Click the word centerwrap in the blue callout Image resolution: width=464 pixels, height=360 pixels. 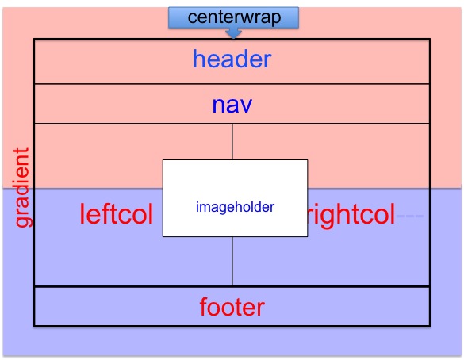pyautogui.click(x=234, y=17)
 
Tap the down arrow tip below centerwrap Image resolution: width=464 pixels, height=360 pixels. pyautogui.click(x=233, y=38)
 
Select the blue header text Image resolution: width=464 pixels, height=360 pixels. pyautogui.click(x=232, y=59)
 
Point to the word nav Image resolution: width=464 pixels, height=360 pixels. pyautogui.click(x=232, y=105)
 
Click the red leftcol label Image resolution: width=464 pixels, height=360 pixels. pyautogui.click(x=117, y=214)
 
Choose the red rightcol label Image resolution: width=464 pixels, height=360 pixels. pyautogui.click(x=351, y=214)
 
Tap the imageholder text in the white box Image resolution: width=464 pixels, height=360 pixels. pyautogui.click(x=235, y=207)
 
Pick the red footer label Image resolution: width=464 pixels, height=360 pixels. pyautogui.click(x=232, y=307)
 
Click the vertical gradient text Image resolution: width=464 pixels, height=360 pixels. pyautogui.click(x=21, y=188)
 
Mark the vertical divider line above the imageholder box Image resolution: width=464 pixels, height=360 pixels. pyautogui.click(x=232, y=142)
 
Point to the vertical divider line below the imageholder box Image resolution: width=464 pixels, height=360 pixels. pyautogui.click(x=232, y=261)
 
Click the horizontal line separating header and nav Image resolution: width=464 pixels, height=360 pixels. pyautogui.click(x=232, y=84)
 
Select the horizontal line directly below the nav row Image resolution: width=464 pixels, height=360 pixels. pyautogui.click(x=232, y=124)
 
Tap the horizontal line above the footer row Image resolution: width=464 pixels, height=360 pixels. pyautogui.click(x=232, y=286)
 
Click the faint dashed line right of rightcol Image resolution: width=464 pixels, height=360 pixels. pyautogui.click(x=410, y=216)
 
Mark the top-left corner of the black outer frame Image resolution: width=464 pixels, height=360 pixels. pyautogui.click(x=34, y=39)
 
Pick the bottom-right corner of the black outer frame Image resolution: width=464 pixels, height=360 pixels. pyautogui.click(x=430, y=326)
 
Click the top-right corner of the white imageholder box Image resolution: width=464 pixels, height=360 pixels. pyautogui.click(x=308, y=160)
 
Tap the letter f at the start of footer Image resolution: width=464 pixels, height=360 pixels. pyautogui.click(x=204, y=307)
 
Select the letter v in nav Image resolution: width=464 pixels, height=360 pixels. pyautogui.click(x=246, y=106)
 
